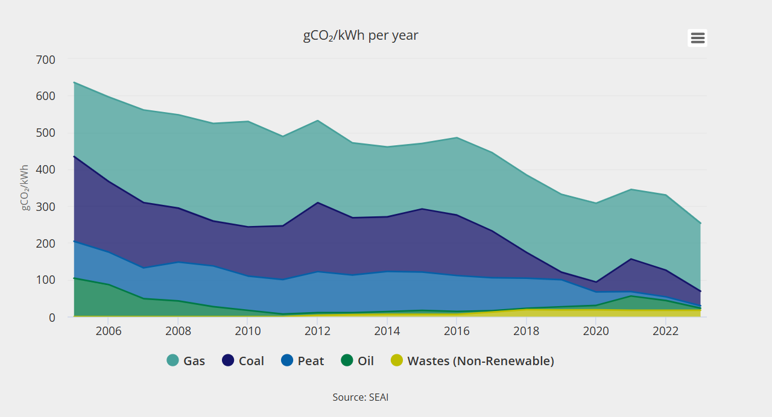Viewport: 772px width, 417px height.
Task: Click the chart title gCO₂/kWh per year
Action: point(360,36)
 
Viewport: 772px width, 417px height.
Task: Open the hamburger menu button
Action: point(697,38)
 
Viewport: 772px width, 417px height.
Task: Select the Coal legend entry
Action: point(243,361)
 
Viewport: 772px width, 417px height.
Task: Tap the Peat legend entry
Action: point(303,361)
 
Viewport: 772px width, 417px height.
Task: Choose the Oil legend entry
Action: point(358,361)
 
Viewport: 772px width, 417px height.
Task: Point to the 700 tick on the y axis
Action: point(46,60)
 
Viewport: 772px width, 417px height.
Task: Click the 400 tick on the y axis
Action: point(46,170)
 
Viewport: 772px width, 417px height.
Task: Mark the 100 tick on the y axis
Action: point(46,280)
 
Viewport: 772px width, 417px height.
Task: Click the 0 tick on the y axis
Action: point(51,317)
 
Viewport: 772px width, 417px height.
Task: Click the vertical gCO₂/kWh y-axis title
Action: point(25,187)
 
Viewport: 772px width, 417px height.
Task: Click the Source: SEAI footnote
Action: point(360,398)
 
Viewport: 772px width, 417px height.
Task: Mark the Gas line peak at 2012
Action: point(317,121)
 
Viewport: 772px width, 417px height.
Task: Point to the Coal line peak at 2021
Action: point(631,259)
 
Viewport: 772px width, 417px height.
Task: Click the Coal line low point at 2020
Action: point(596,282)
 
